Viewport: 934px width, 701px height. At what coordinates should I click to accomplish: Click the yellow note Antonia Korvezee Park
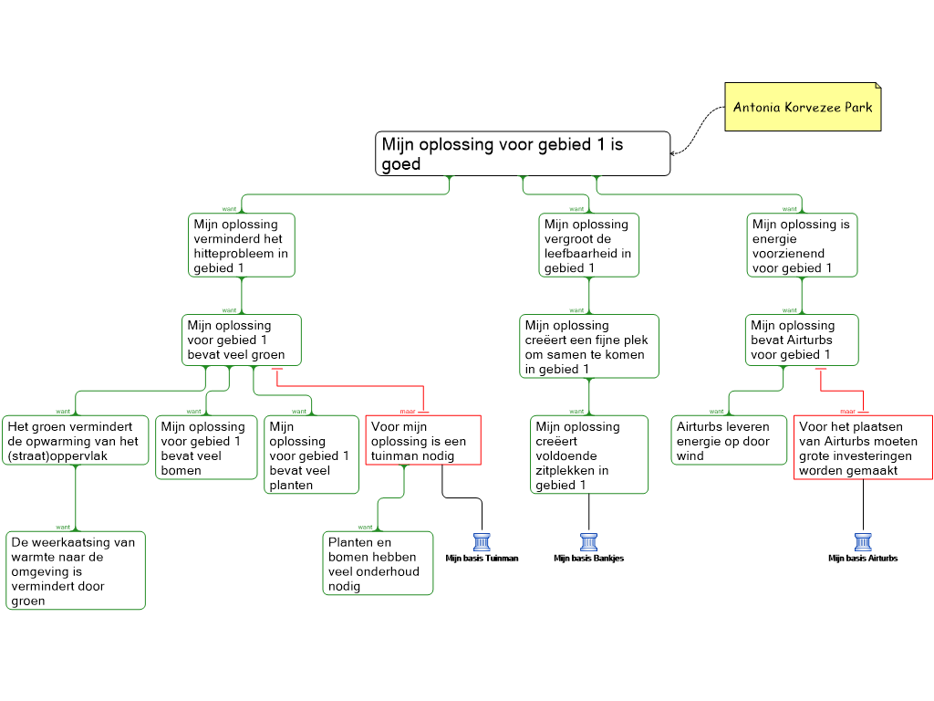[x=803, y=107]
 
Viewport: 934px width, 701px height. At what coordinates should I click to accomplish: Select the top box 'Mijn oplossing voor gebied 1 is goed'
[x=523, y=153]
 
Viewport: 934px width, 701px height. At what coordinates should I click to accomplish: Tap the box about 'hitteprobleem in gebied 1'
[x=241, y=245]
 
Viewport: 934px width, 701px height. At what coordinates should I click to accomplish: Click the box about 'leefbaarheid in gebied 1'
[x=588, y=245]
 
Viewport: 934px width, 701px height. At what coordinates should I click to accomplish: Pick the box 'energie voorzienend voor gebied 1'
[x=802, y=245]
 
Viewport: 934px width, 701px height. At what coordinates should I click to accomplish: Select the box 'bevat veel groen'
[x=241, y=340]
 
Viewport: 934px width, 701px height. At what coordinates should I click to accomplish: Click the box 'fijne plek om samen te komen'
[x=588, y=346]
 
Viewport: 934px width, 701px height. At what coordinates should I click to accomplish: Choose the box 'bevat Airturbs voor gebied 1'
[x=802, y=340]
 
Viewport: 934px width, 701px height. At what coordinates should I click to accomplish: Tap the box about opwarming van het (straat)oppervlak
[x=75, y=441]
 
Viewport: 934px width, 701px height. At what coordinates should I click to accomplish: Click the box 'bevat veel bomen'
[x=206, y=447]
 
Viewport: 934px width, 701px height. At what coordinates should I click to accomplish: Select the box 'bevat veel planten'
[x=311, y=455]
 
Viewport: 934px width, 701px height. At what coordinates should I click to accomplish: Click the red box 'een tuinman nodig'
[x=423, y=441]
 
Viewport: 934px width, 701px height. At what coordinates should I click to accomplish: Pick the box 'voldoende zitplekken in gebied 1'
[x=588, y=455]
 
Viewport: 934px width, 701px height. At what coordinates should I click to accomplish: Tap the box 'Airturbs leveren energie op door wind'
[x=729, y=441]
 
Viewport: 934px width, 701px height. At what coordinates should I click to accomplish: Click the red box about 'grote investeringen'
[x=863, y=447]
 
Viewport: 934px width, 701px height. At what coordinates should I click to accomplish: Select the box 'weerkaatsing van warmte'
[x=76, y=570]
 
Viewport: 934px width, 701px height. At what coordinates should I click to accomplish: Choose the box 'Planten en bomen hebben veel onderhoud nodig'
[x=378, y=563]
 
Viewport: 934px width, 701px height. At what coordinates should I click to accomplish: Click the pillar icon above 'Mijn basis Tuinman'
[x=482, y=542]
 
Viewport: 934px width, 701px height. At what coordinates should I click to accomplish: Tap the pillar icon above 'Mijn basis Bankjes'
[x=588, y=542]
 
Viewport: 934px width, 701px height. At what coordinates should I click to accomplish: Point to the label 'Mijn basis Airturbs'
[x=863, y=559]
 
